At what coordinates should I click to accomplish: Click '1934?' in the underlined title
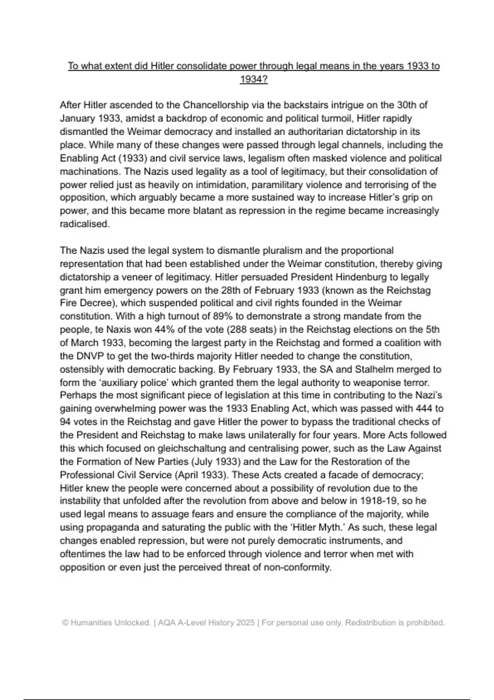pyautogui.click(x=254, y=79)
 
